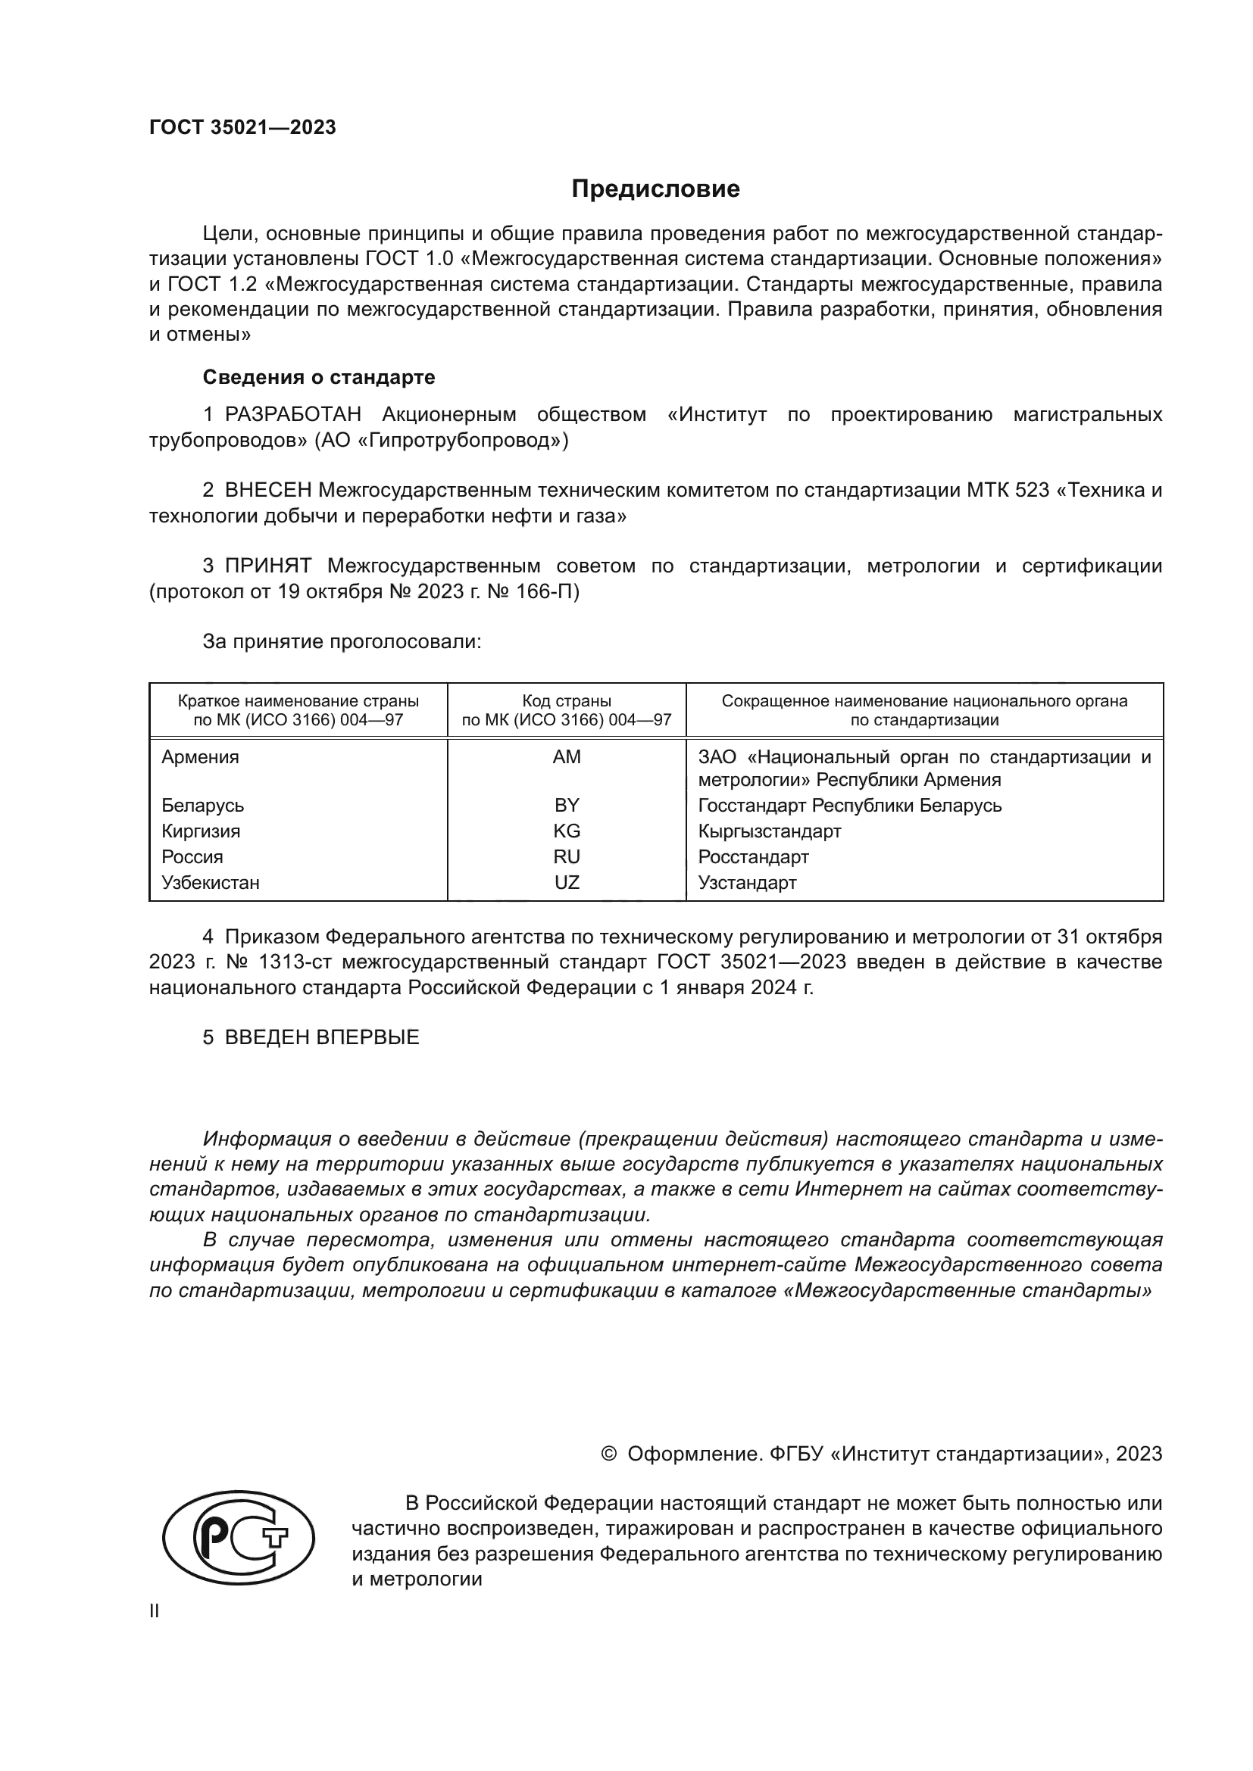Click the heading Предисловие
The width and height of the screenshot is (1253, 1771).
point(655,189)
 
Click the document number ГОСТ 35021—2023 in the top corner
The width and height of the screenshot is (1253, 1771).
point(242,128)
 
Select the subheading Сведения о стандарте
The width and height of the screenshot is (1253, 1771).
point(319,377)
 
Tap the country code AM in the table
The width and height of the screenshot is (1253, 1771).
point(567,756)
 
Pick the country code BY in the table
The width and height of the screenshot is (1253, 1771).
point(567,806)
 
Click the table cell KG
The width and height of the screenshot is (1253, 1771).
point(567,831)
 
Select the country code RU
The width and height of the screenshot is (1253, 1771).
point(567,857)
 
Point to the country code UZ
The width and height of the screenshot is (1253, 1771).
point(567,882)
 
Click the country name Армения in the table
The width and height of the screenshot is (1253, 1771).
point(200,756)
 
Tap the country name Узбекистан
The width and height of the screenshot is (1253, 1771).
point(210,882)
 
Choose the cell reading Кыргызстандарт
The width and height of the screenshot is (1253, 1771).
point(769,831)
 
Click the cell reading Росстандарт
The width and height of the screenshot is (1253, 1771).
point(753,857)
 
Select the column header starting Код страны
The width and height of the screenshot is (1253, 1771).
point(567,710)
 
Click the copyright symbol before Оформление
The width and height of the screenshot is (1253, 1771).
point(608,1454)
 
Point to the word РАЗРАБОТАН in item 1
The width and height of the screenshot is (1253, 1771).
point(292,415)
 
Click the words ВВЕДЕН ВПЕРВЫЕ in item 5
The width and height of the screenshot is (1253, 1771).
point(322,1037)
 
